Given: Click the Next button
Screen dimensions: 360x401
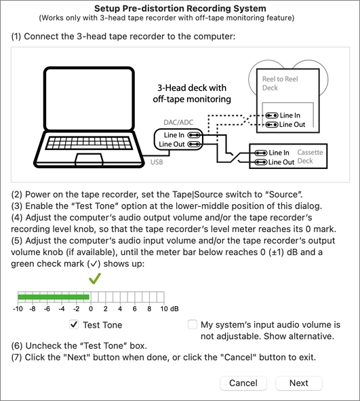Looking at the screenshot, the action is [299, 383].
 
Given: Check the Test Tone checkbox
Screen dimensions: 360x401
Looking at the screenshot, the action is [74, 324].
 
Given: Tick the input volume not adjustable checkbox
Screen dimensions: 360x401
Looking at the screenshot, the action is [192, 324].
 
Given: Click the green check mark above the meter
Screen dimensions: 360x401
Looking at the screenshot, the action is [95, 278].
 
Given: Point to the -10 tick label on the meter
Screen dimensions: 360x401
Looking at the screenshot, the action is [18, 309].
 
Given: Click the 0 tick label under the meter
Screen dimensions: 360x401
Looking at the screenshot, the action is [91, 309].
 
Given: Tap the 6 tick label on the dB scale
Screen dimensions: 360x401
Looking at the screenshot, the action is [134, 309].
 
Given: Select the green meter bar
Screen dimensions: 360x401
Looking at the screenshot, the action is [54, 297].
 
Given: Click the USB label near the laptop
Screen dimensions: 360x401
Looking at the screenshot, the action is [157, 162].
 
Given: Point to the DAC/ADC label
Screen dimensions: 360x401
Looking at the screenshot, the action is [178, 123].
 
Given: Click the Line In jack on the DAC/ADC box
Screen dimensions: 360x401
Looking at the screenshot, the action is [194, 135].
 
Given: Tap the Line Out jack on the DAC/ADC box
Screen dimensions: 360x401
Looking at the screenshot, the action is [194, 145].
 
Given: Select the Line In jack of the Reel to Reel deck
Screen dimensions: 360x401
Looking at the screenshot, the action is [272, 115].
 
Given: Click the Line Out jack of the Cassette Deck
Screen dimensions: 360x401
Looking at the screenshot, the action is [261, 162].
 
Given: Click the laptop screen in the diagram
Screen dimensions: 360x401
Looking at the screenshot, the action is [89, 99].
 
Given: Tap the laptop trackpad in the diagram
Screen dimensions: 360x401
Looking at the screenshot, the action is [89, 159].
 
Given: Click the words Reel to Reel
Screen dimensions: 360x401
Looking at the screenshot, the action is [280, 79].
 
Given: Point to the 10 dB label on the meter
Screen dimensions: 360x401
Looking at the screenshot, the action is [169, 309].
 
